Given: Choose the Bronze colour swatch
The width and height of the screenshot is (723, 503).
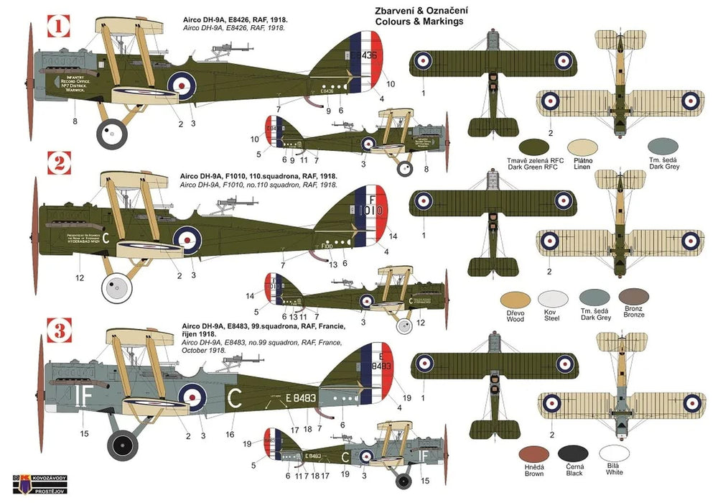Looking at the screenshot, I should click(634, 297).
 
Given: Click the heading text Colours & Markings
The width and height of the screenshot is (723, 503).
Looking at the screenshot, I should click(419, 22).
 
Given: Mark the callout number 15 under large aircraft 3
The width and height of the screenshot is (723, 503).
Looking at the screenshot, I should click(84, 433).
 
